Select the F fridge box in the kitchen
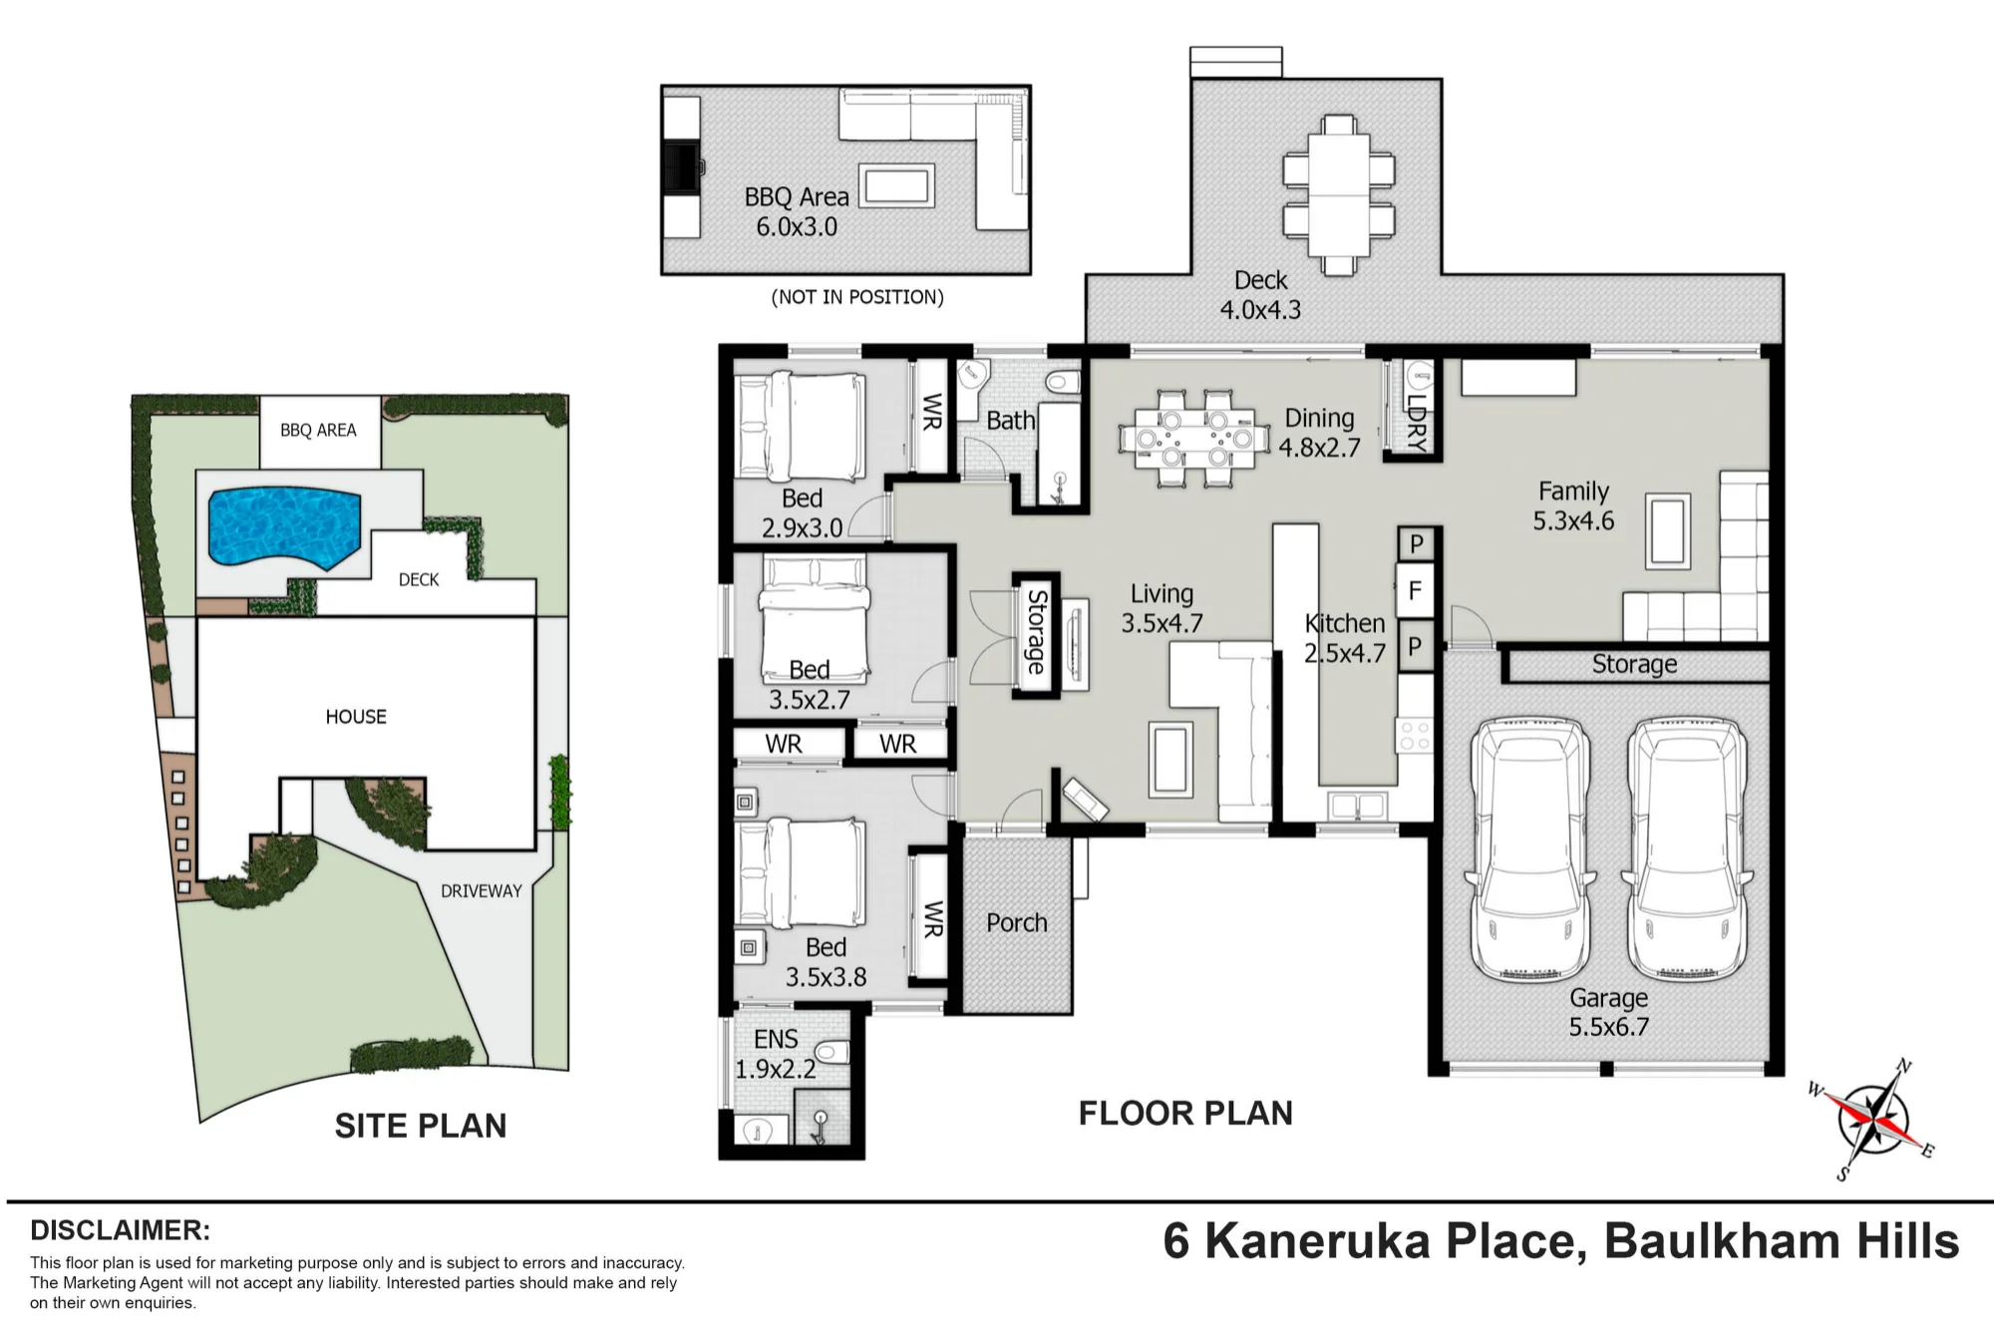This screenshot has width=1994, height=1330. pos(1415,591)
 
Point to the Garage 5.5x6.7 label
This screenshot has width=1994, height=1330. pos(1608,1012)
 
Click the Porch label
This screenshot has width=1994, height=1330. pos(1017,923)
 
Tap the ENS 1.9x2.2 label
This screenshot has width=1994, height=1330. pos(776,1055)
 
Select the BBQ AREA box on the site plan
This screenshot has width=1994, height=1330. pos(319,432)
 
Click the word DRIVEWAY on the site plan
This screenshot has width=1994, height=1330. pos(482,891)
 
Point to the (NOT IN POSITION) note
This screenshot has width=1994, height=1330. pos(857,297)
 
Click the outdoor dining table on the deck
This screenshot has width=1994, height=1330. pos(1339,194)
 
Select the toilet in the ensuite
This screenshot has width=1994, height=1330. pos(831,1053)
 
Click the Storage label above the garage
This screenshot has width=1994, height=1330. pos(1634,664)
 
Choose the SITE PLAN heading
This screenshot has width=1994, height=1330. pos(421,1126)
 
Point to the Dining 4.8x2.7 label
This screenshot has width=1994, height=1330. pos(1319,433)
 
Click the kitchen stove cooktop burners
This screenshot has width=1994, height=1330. pos(1415,736)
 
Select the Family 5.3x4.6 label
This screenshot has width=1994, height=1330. pos(1573,505)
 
